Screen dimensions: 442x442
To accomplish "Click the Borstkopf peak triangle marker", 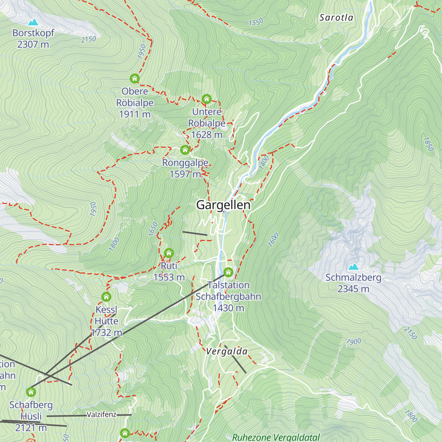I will point(33,22).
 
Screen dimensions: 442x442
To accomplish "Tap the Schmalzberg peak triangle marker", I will point(354,266).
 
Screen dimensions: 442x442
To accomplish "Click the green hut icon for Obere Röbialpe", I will point(134,78).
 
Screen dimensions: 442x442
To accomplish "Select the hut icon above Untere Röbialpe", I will point(206,99).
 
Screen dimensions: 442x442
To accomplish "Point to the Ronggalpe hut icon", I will point(185,150).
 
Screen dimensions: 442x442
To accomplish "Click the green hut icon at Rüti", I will point(169,253).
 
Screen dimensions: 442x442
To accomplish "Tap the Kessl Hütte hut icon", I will point(106,297).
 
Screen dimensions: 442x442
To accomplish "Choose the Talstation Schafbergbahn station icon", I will point(228,273).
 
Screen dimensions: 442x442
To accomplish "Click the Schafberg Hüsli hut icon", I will point(31,392).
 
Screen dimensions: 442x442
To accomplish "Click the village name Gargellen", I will point(223,205).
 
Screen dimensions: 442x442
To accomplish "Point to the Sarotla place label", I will point(336,18).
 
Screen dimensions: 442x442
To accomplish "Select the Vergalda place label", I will point(227,351).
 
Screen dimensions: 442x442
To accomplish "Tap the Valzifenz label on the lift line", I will point(102,415).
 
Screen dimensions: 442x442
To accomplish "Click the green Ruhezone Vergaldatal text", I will point(276,437).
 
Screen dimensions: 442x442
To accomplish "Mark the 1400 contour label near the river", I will point(264,162).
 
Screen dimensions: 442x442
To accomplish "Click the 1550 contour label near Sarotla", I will point(256,22).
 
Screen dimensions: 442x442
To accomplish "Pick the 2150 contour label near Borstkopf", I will point(88,39).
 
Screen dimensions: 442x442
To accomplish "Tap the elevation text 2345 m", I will point(353,289).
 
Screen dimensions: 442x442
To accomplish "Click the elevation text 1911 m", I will point(135,114).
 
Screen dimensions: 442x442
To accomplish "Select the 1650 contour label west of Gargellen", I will point(153,229).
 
